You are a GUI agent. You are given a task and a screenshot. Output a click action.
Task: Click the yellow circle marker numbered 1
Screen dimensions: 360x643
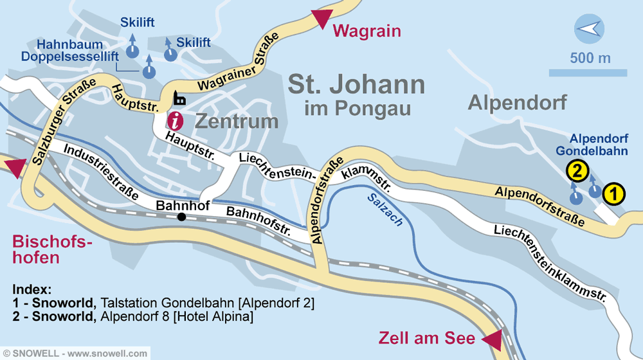pos(613,194)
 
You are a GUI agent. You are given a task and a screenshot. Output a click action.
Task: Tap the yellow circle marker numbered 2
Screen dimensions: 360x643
pos(577,171)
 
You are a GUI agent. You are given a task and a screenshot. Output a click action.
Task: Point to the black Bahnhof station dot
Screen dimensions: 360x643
pos(181,217)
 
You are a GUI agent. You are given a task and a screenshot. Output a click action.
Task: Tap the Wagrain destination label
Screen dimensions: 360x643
pos(367,31)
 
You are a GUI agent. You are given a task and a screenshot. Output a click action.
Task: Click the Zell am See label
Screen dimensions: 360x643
pos(427,338)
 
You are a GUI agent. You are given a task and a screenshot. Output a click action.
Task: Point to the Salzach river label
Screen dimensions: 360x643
pos(385,209)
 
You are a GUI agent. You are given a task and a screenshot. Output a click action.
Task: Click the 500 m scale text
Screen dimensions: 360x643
pos(590,59)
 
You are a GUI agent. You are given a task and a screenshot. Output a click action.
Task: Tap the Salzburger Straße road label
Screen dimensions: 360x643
pos(63,122)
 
